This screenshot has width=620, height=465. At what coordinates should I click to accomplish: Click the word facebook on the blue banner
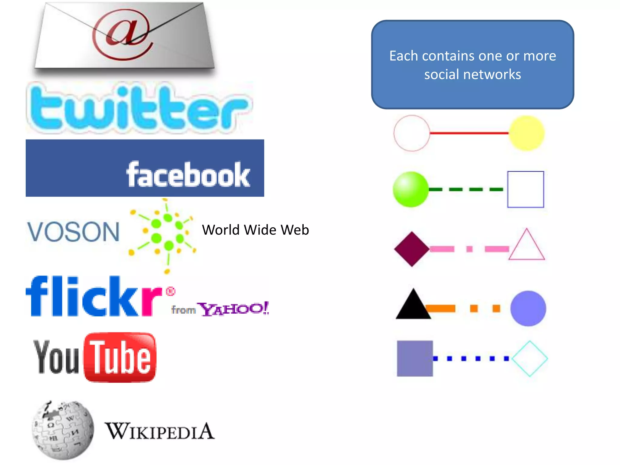tap(188, 175)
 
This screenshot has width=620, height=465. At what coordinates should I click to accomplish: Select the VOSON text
tap(74, 232)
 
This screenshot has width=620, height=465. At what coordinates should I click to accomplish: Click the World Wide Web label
tap(255, 230)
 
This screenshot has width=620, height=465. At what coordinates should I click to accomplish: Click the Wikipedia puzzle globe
tap(63, 430)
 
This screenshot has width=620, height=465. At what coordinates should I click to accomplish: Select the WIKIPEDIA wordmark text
tap(160, 431)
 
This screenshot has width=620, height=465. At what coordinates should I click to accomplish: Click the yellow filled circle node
tap(526, 133)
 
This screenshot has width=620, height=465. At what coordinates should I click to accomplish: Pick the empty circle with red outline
tap(412, 133)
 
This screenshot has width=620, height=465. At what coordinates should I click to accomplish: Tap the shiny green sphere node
tap(411, 190)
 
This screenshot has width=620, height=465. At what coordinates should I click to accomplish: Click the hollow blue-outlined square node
tap(526, 190)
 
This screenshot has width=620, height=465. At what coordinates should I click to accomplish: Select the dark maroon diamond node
tap(412, 249)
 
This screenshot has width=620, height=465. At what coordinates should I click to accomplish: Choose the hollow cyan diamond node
tap(530, 358)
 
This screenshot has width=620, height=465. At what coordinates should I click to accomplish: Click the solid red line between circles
tap(469, 133)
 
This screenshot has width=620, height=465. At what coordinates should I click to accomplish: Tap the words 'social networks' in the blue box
tap(473, 74)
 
